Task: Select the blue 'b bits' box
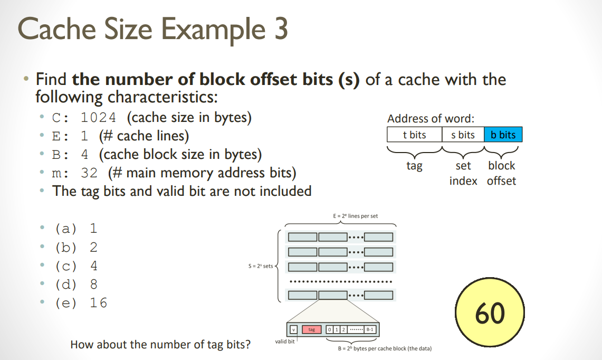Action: [503, 135]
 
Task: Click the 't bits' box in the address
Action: [414, 135]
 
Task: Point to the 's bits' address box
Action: [463, 135]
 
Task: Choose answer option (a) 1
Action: [76, 229]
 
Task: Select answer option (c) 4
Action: [76, 266]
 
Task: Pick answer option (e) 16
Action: [81, 302]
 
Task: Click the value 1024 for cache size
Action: [98, 117]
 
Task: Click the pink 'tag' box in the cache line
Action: [311, 329]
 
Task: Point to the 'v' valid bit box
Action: [293, 329]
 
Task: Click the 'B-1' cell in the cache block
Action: [370, 329]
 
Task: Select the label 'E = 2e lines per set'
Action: [355, 216]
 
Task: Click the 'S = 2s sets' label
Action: [260, 266]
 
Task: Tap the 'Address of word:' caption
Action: [431, 119]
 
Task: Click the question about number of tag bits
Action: [160, 345]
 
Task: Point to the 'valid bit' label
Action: [285, 342]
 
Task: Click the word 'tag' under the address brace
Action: [414, 166]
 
